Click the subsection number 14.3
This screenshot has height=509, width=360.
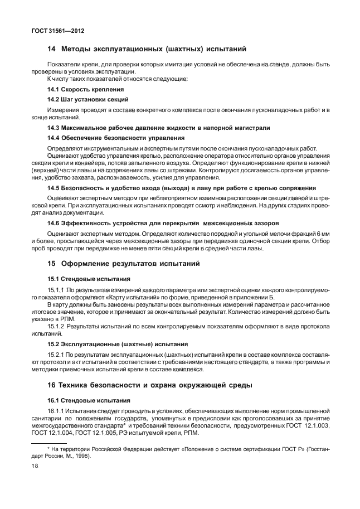coord(53,128)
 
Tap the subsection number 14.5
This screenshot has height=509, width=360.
coord(53,188)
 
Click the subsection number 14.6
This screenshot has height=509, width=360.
coord(53,222)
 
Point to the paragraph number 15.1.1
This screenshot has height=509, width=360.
coord(56,290)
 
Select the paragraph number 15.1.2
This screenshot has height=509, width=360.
coord(56,326)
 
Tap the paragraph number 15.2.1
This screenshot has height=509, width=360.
coord(56,355)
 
